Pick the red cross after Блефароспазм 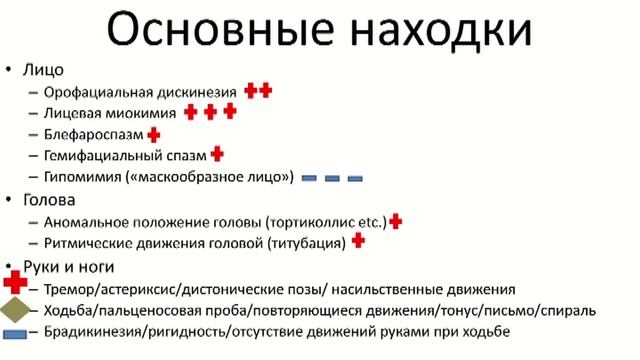(x=154, y=134)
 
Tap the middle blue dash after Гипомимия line (x=332, y=179)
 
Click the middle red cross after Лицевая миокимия (x=210, y=112)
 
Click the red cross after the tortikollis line (x=396, y=221)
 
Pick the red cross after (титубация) (x=358, y=241)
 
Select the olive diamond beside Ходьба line (x=14, y=310)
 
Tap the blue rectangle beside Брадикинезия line (x=15, y=333)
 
